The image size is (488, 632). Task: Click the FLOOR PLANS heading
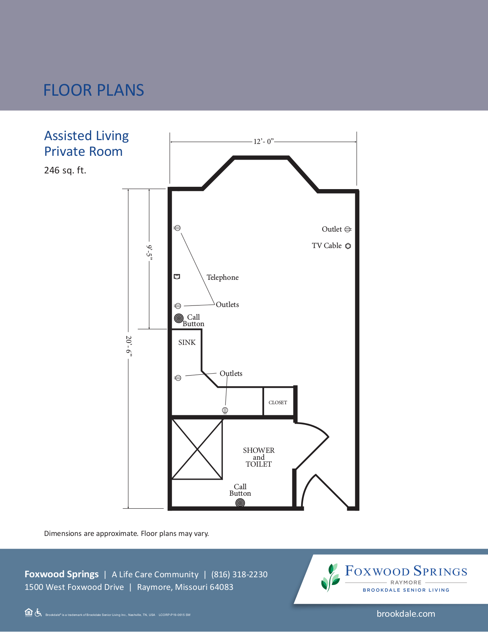pyautogui.click(x=94, y=90)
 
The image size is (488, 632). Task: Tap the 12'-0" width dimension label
pyautogui.click(x=263, y=142)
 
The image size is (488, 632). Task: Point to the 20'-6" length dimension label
pyautogui.click(x=129, y=346)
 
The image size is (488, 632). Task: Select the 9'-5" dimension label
pyautogui.click(x=149, y=252)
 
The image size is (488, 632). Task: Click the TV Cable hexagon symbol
pyautogui.click(x=348, y=246)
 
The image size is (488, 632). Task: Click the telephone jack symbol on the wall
pyautogui.click(x=177, y=276)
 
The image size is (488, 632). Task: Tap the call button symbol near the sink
pyautogui.click(x=179, y=318)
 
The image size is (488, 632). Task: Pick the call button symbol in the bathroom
pyautogui.click(x=240, y=503)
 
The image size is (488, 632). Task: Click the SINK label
pyautogui.click(x=187, y=342)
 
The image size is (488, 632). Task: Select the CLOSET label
pyautogui.click(x=278, y=403)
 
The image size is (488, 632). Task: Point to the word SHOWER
pyautogui.click(x=259, y=450)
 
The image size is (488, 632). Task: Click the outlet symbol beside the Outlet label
pyautogui.click(x=348, y=229)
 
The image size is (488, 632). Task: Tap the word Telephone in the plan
pyautogui.click(x=222, y=278)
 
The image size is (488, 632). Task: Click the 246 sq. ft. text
pyautogui.click(x=65, y=170)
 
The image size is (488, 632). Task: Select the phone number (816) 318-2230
pyautogui.click(x=239, y=575)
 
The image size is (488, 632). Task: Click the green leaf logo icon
pyautogui.click(x=330, y=577)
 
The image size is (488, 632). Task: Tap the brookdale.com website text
pyautogui.click(x=406, y=614)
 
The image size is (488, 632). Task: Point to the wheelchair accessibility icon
pyautogui.click(x=38, y=612)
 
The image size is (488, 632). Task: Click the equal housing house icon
pyautogui.click(x=28, y=612)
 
